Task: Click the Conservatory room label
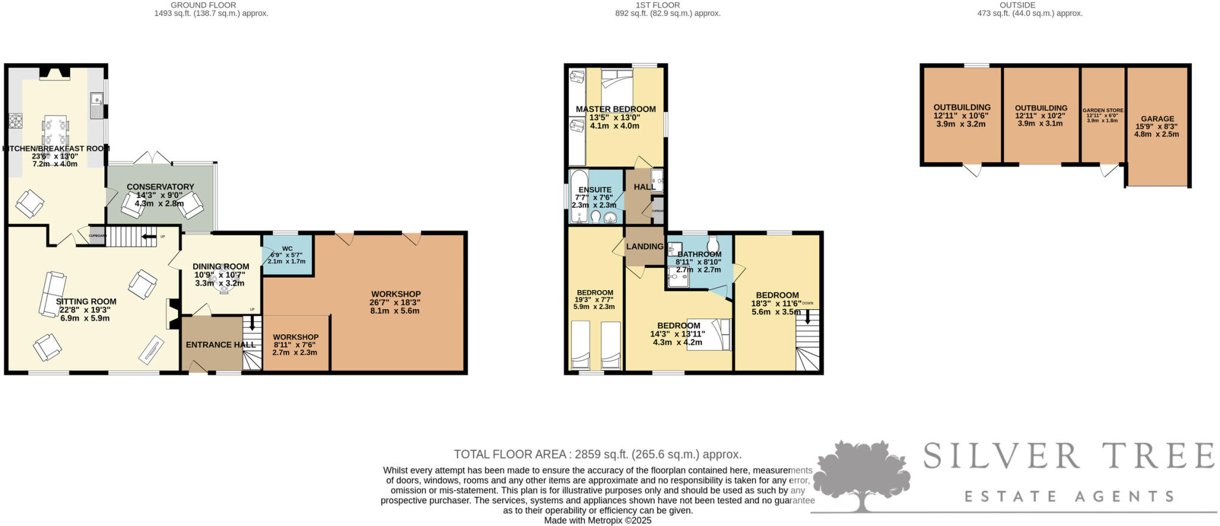(160, 187)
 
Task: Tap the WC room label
(287, 248)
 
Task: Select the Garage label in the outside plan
(1157, 119)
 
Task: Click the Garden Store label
(1103, 110)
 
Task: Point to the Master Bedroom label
(615, 109)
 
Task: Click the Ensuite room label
(595, 190)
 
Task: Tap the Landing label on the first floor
(645, 247)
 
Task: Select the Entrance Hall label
(220, 345)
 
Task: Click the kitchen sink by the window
(97, 105)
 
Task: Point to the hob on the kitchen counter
(14, 122)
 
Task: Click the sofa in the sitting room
(52, 293)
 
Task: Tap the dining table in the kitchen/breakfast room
(55, 132)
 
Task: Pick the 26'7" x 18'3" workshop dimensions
(396, 303)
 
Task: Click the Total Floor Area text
(597, 455)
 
